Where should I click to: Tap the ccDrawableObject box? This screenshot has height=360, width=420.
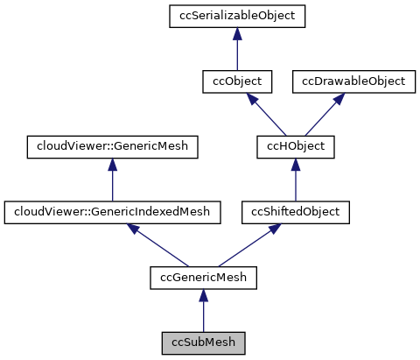(x=353, y=81)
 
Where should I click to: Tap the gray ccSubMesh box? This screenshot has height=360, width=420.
(x=202, y=341)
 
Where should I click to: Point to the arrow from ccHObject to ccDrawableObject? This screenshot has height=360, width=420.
(x=325, y=113)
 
